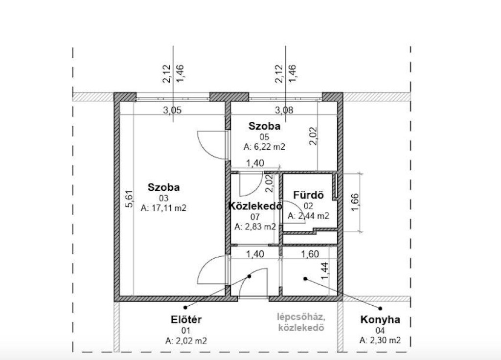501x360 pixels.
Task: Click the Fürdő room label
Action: point(308,195)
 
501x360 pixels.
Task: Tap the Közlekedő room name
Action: point(255,206)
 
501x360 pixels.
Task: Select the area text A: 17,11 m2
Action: point(163,208)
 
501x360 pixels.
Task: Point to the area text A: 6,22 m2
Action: point(264,147)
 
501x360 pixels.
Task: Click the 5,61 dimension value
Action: point(129,199)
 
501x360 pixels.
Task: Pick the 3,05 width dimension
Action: point(172,110)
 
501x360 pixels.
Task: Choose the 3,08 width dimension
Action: point(284,110)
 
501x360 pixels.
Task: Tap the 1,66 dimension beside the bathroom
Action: point(355,202)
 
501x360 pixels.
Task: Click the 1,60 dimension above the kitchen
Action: point(310,254)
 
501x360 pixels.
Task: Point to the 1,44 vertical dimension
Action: point(324,270)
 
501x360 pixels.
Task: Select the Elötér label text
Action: point(186,319)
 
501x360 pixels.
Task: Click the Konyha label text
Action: point(380,319)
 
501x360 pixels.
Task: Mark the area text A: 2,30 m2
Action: point(380,340)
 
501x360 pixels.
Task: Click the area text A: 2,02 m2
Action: point(186,341)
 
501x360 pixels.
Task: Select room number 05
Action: point(264,137)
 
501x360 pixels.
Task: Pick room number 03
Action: point(163,199)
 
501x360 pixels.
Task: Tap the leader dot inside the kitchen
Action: point(305,279)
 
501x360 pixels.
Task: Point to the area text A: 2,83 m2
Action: point(255,227)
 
